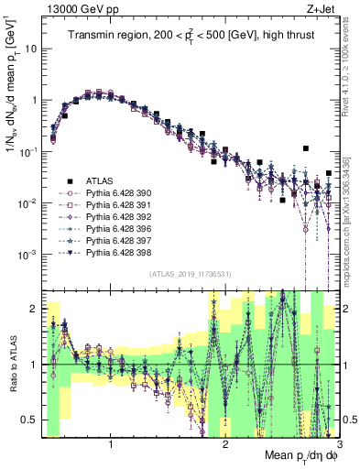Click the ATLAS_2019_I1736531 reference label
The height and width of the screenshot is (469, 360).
pos(190,274)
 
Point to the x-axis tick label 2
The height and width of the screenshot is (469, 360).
pos(225,446)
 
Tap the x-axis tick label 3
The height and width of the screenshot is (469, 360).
pos(339,446)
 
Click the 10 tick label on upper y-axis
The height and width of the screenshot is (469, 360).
pos(28,49)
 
